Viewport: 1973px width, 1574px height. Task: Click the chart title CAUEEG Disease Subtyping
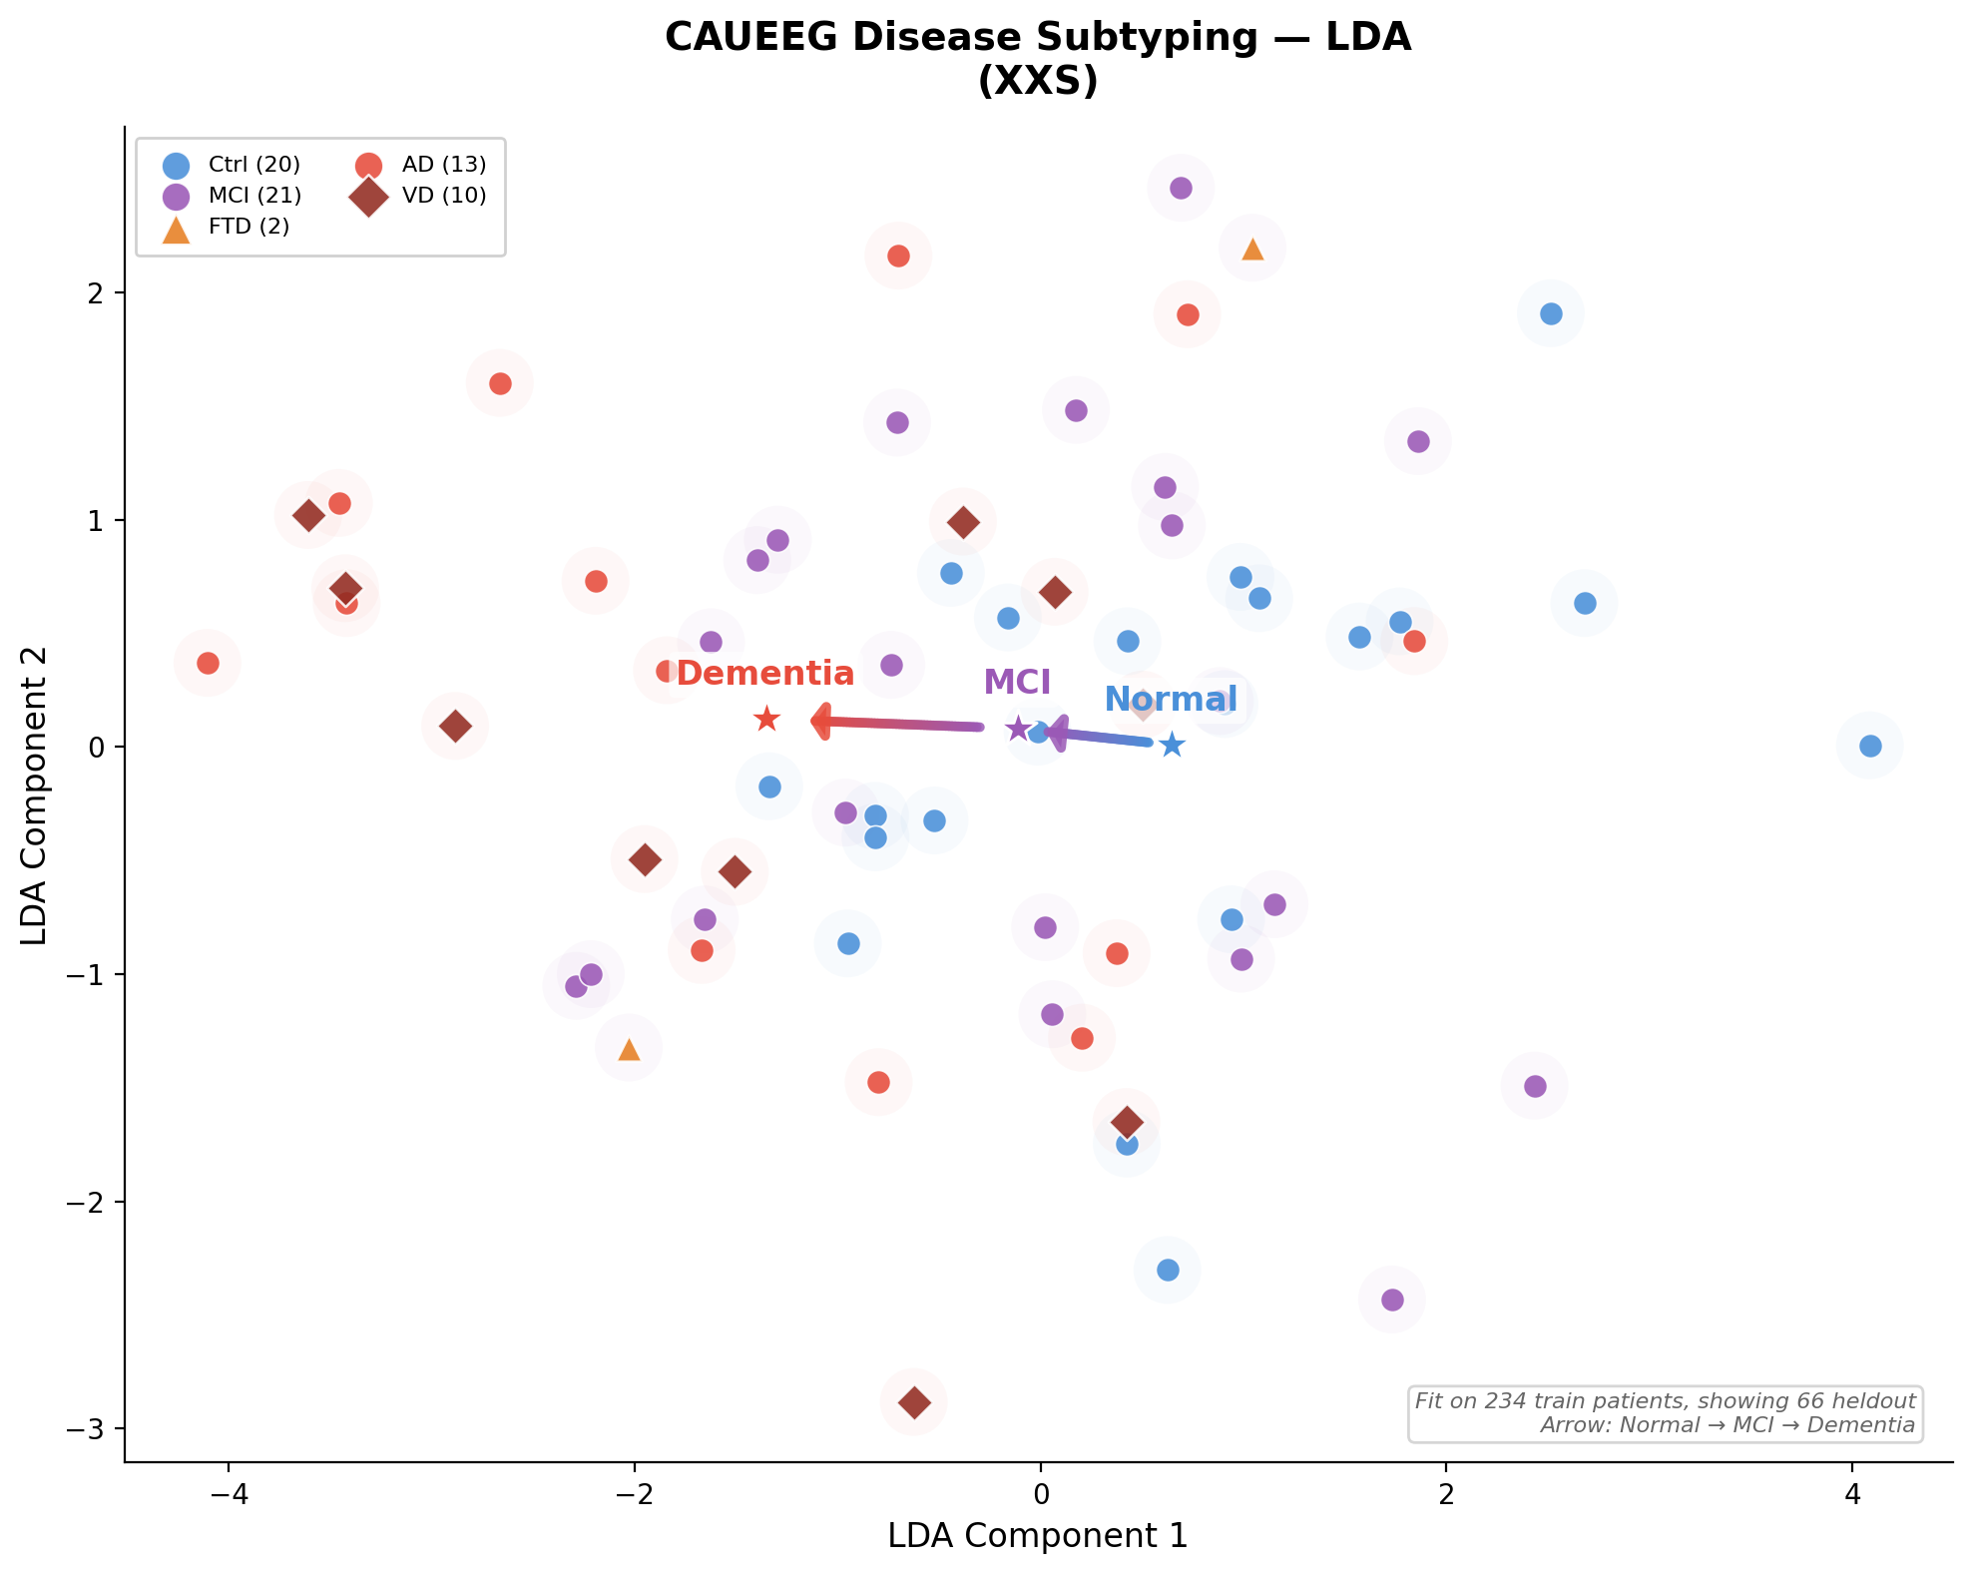point(1037,38)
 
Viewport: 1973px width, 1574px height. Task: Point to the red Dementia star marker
point(766,719)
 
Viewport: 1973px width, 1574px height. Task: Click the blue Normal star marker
point(1173,745)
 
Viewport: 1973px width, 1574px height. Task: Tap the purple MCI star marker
point(1018,729)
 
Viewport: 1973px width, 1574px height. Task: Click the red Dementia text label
point(765,674)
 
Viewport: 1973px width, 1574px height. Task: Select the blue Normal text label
point(1171,700)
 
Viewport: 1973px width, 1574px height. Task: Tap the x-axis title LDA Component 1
point(1037,1536)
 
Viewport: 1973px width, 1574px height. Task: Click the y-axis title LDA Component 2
point(35,795)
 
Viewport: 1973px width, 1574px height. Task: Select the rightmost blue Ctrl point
point(1871,746)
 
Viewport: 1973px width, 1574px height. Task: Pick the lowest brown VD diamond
point(914,1402)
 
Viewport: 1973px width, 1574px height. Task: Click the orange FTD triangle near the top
point(1253,250)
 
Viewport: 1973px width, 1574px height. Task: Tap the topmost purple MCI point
point(1181,188)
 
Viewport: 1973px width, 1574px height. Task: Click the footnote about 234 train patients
point(1665,1401)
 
